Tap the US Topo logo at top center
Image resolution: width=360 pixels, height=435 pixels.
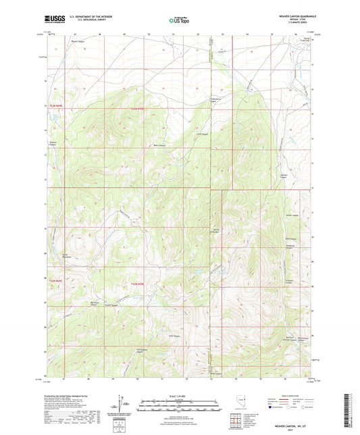[179, 20]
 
